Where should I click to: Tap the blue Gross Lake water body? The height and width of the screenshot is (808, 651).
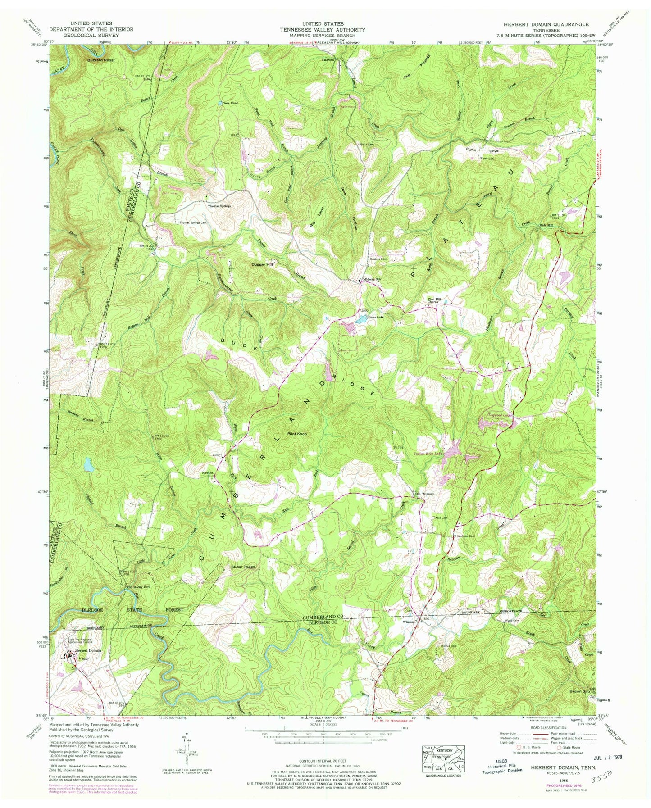pos(362,320)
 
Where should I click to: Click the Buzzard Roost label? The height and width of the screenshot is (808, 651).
pos(101,60)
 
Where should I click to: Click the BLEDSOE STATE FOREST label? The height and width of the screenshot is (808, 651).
pos(127,610)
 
